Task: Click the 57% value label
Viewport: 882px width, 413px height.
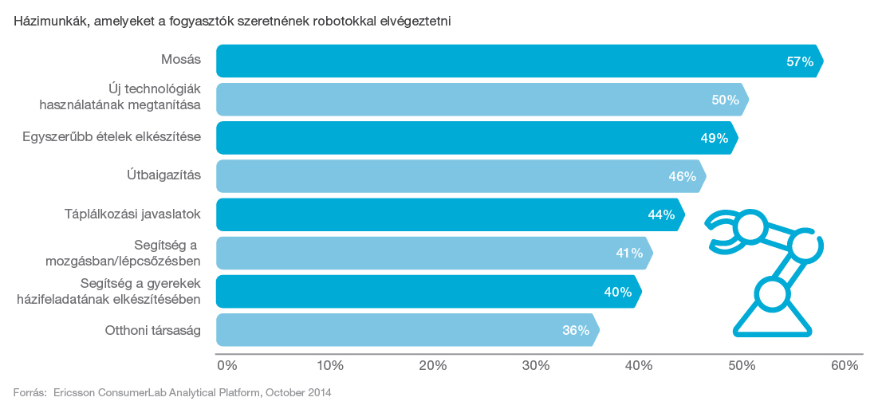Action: point(799,61)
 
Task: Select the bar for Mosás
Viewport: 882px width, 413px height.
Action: point(510,61)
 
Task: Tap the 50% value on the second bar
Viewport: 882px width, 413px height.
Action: point(725,100)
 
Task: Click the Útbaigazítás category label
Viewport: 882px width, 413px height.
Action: point(165,175)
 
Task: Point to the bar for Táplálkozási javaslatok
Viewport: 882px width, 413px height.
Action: point(447,214)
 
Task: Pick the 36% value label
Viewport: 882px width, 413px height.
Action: point(575,330)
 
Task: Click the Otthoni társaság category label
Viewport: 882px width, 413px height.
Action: point(153,330)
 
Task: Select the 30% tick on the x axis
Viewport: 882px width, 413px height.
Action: point(536,366)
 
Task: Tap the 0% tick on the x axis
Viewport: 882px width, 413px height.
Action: point(227,366)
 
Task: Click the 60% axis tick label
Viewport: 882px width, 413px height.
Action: point(845,366)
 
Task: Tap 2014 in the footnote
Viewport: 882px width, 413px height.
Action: point(318,393)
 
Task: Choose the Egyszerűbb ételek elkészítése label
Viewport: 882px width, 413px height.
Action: point(111,137)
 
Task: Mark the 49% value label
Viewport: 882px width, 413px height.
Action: point(714,138)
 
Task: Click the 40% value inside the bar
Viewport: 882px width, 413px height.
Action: point(617,292)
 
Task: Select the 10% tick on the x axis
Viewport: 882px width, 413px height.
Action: point(330,366)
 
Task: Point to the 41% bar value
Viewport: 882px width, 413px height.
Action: point(628,254)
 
